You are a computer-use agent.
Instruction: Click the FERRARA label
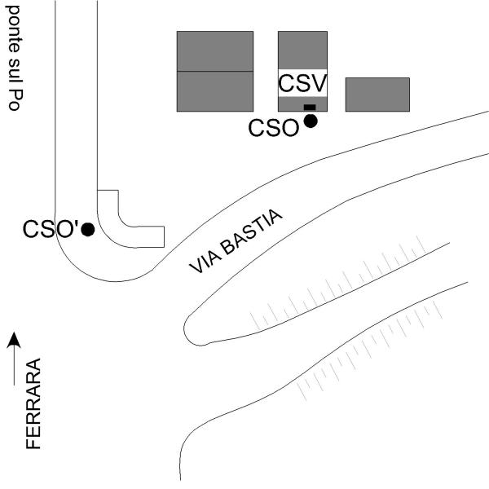33,404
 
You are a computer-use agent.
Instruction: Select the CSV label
302,83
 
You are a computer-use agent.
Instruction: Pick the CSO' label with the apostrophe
50,229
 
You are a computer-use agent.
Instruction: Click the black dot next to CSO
310,121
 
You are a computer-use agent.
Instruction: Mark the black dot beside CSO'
88,230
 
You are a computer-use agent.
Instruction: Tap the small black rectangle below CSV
309,107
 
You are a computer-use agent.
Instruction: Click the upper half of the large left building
215,51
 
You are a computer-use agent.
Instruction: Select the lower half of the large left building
215,90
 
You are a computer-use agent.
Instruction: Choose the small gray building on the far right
377,94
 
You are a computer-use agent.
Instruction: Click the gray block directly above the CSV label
302,49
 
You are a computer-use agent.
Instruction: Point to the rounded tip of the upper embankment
192,331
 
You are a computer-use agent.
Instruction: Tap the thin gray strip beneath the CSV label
291,103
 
